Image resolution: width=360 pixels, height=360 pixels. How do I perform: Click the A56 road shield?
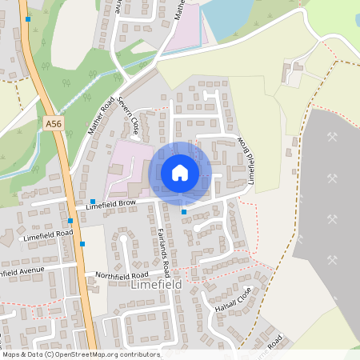(x=54, y=124)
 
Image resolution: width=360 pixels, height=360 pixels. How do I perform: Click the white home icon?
(x=180, y=173)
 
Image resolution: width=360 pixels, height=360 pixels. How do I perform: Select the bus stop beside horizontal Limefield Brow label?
(x=93, y=202)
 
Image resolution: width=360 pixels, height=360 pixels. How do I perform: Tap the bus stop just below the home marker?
(x=184, y=211)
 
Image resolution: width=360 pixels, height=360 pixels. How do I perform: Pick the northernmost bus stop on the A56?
(x=28, y=18)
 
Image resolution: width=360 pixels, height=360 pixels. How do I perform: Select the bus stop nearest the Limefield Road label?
(x=82, y=243)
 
